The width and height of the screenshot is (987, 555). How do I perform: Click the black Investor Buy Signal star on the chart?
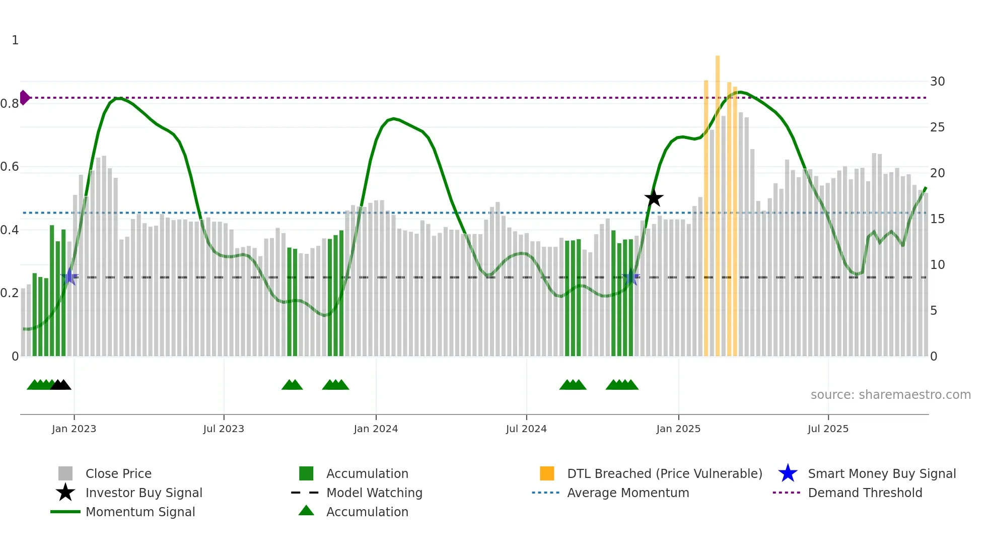[x=654, y=198]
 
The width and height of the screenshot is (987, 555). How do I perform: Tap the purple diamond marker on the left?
[x=24, y=98]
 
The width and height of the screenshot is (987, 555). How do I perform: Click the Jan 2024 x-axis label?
[x=376, y=429]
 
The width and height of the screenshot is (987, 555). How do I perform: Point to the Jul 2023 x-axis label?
[x=224, y=429]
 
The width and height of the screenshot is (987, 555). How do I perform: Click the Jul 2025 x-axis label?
[x=828, y=429]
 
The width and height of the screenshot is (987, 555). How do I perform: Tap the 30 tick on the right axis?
[x=937, y=82]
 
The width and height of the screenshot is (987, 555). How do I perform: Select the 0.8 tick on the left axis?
[x=10, y=104]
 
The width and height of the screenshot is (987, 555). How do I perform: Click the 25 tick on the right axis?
[x=937, y=127]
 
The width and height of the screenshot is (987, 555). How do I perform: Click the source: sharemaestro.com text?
[x=890, y=395]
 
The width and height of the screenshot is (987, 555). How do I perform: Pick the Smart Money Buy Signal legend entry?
[x=881, y=473]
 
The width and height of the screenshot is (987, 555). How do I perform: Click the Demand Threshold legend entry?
[x=865, y=493]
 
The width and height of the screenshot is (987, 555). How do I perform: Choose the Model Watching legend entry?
[x=374, y=493]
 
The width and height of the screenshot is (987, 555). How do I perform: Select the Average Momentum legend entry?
[x=627, y=493]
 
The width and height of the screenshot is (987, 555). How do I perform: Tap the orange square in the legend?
[x=547, y=473]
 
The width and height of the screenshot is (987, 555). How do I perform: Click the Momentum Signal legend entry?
[x=140, y=512]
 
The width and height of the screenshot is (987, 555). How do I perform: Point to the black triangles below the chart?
[x=60, y=385]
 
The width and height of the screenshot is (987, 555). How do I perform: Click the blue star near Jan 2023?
[x=69, y=276]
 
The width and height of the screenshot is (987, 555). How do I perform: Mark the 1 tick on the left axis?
[x=15, y=40]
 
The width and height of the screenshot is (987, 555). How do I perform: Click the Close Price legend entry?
[x=118, y=473]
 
